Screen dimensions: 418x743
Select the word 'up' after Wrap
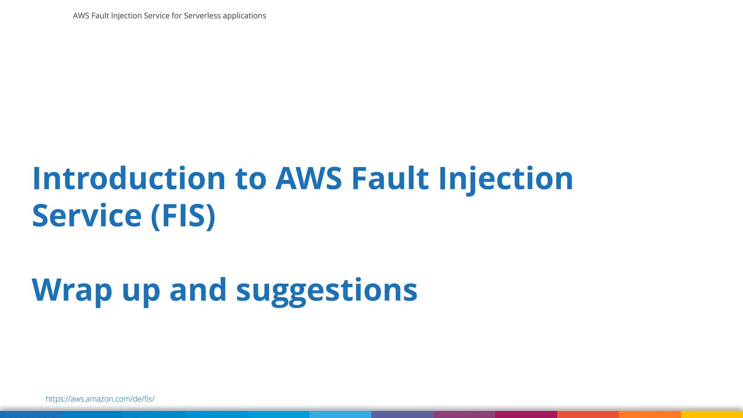point(141,292)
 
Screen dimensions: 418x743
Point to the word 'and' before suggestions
point(198,290)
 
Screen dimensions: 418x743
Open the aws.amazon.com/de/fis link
point(100,399)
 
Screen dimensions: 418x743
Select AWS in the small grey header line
point(81,16)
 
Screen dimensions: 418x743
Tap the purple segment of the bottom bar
point(464,414)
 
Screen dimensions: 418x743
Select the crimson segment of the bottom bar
point(526,414)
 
